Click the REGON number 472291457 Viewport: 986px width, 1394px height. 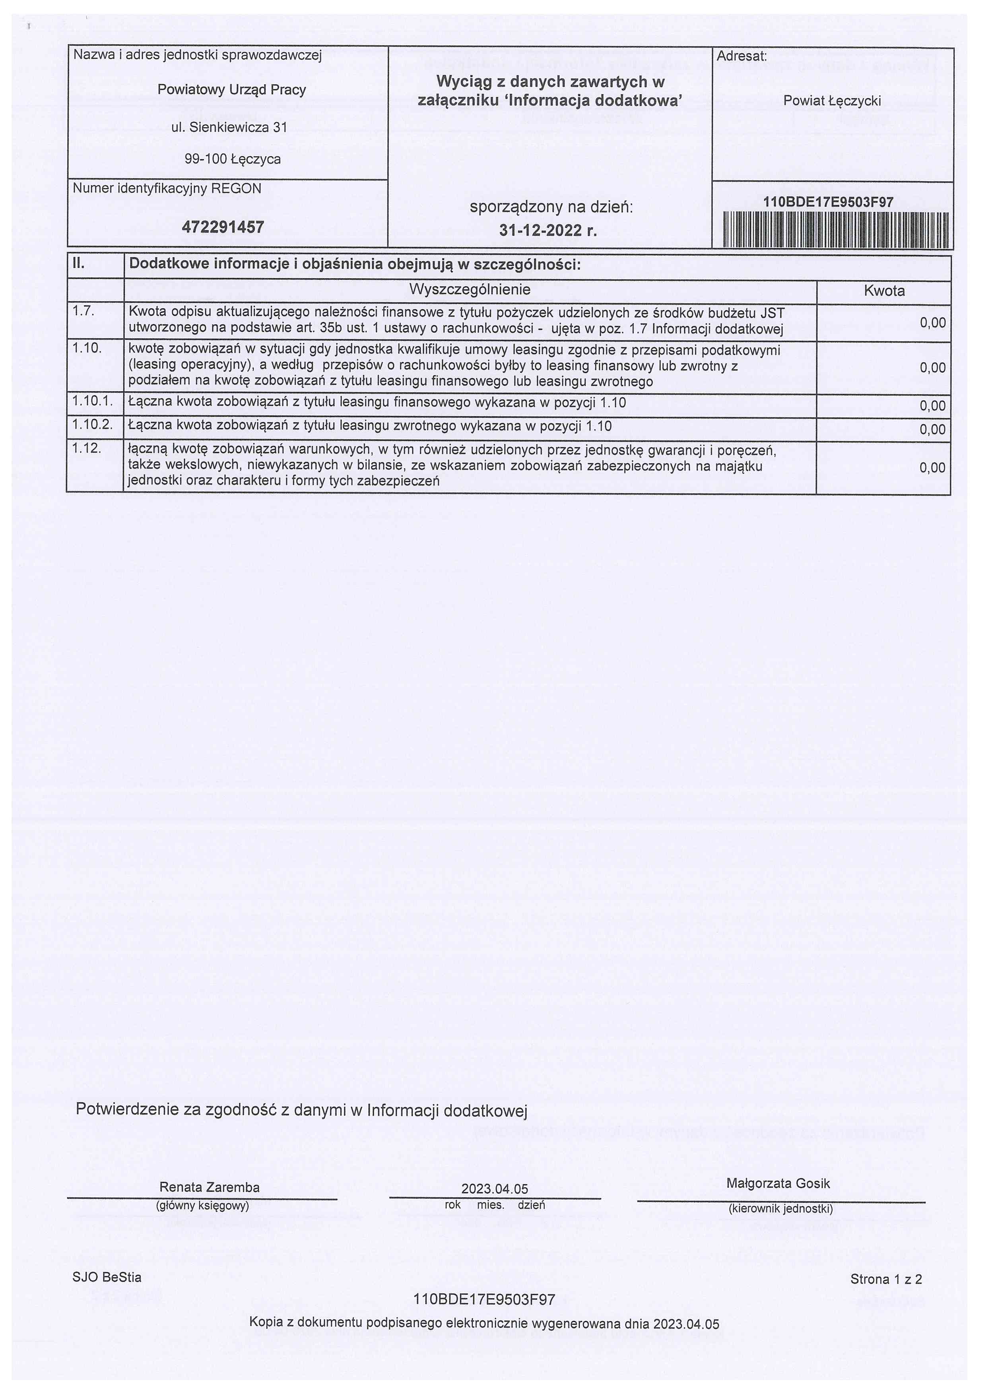(223, 227)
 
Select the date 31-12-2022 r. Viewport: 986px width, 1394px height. (547, 231)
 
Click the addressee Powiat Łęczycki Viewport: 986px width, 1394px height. (831, 101)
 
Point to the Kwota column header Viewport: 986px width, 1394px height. (883, 291)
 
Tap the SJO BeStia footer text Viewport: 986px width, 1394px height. (107, 1277)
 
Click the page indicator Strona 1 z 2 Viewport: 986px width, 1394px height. (885, 1279)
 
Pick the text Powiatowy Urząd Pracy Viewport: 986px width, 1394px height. (231, 90)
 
